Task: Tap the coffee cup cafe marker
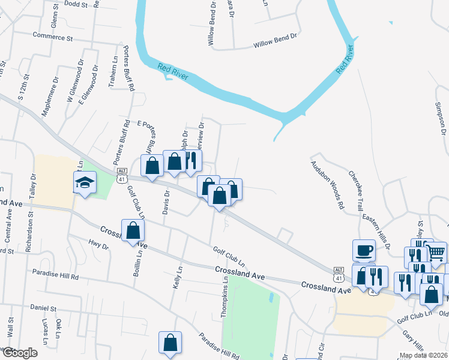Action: click(x=364, y=250)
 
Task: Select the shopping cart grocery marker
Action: click(x=436, y=253)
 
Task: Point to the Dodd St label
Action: click(x=75, y=4)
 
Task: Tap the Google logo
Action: click(x=19, y=353)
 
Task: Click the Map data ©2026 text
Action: click(x=423, y=355)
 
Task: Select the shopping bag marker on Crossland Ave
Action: click(x=133, y=231)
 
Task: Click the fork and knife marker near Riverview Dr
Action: click(x=191, y=160)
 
